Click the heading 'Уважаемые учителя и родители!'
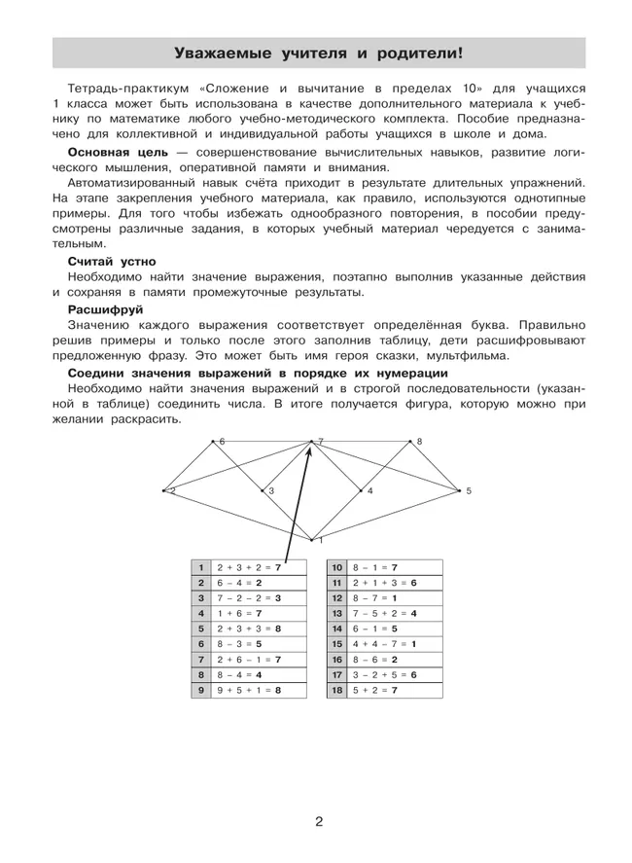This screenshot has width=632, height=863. pos(318,53)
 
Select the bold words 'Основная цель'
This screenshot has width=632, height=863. pos(113,154)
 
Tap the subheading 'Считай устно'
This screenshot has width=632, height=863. pos(111,261)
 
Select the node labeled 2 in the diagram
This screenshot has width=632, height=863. pos(164,491)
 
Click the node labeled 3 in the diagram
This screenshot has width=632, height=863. pos(263,491)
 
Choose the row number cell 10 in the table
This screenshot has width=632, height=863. pos(337,567)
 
